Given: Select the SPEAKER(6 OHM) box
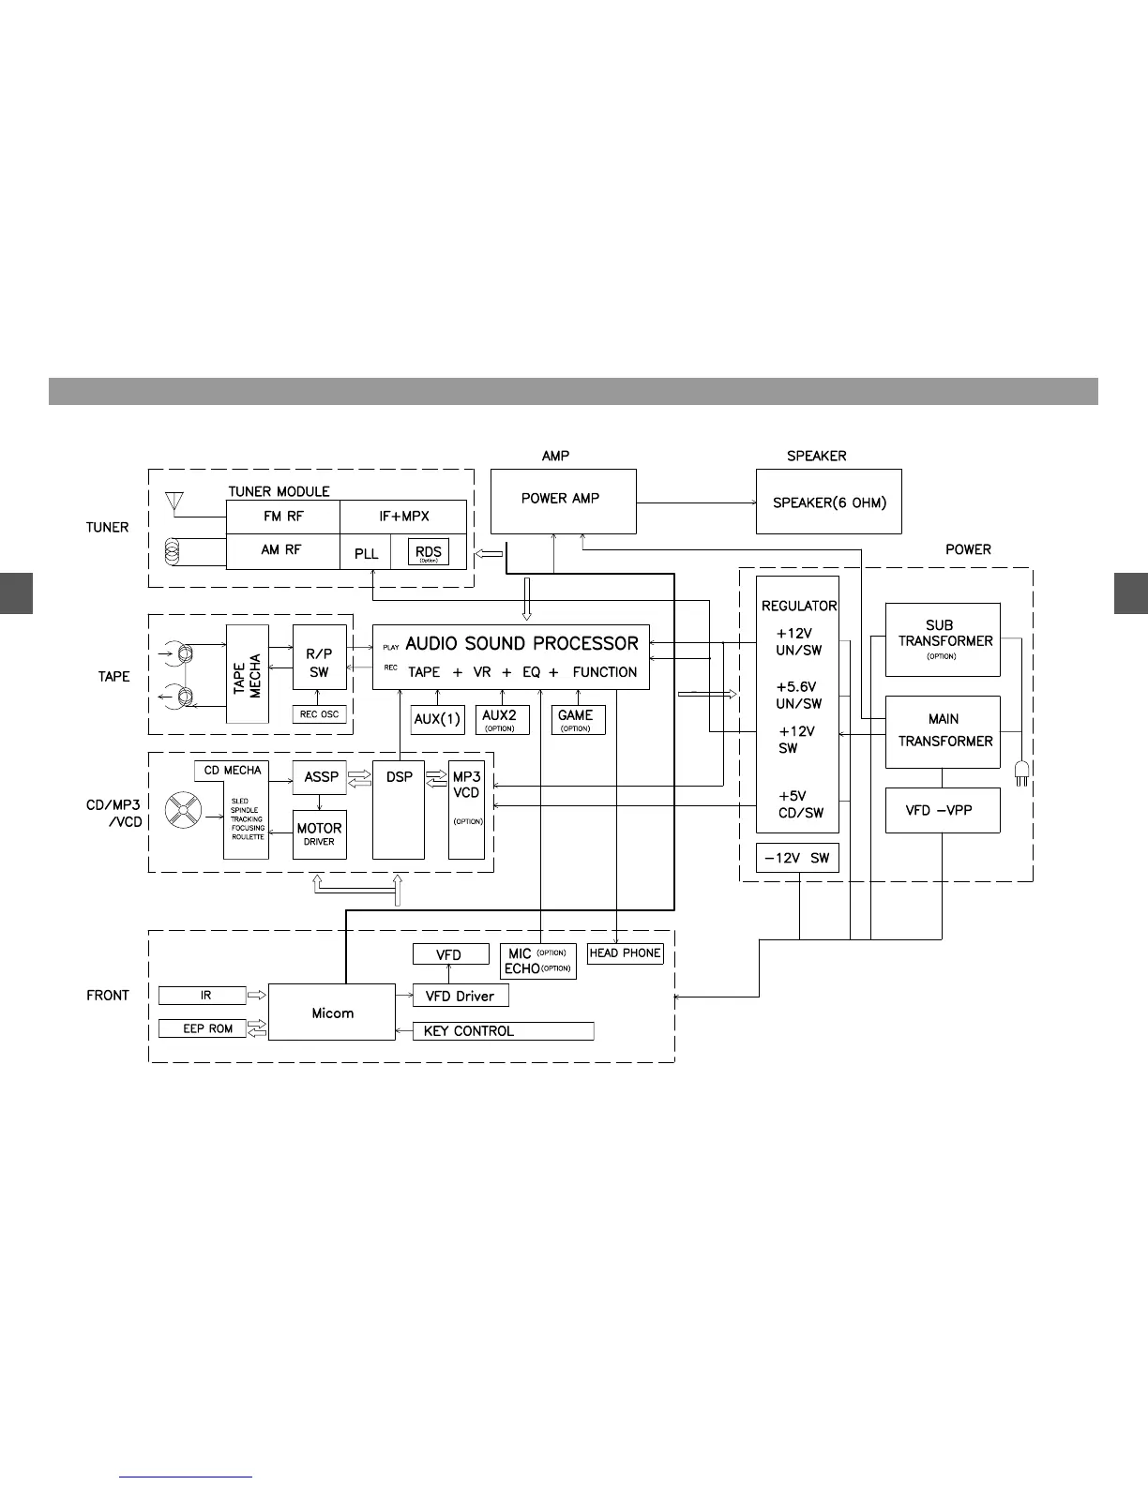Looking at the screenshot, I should coord(828,502).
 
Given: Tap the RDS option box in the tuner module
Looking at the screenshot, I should coord(428,552).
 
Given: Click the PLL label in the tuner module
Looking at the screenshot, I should coord(367,553).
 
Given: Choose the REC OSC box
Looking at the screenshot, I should coord(319,714).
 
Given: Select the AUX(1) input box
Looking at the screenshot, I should coord(437,720).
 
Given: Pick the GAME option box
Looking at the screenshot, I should coord(576,720).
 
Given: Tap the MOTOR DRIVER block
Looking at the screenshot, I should coord(319,833).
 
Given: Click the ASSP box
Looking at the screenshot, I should coord(321,777).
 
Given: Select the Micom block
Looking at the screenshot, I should coord(332,1012).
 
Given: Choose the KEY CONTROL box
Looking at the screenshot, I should coord(503,1031).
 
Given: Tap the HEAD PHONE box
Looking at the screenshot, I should coord(625,953).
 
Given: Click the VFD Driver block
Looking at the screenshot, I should coord(461,996).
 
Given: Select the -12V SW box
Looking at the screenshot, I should coord(796,858).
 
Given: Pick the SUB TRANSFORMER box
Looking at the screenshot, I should coord(943,639).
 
